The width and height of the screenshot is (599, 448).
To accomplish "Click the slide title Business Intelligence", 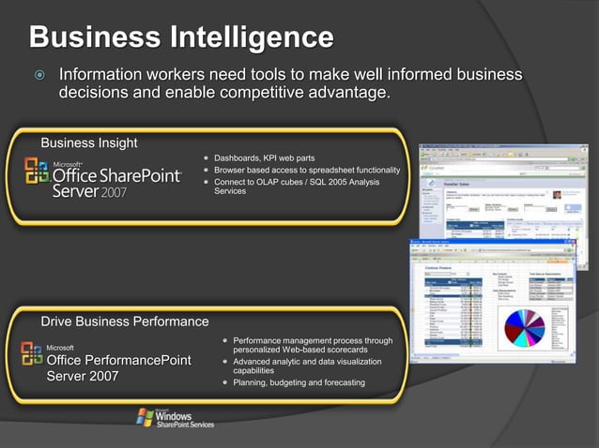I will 181,37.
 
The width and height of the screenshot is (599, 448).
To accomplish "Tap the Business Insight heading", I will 89,142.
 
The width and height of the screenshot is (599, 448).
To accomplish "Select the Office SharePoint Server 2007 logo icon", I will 37,172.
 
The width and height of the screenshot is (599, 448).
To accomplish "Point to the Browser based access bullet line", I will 307,170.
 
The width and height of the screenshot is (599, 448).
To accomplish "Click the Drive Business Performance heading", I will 125,321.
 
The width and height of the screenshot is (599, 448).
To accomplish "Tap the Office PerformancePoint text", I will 119,360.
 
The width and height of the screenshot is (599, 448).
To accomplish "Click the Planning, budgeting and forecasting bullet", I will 299,382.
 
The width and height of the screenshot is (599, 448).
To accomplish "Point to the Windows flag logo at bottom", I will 145,416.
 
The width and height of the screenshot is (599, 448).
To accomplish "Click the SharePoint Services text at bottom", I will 185,424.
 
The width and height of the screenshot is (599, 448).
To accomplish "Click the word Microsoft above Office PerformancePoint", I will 61,347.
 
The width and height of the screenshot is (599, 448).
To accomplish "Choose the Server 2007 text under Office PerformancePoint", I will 83,378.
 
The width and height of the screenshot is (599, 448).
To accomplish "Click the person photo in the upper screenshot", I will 557,195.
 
